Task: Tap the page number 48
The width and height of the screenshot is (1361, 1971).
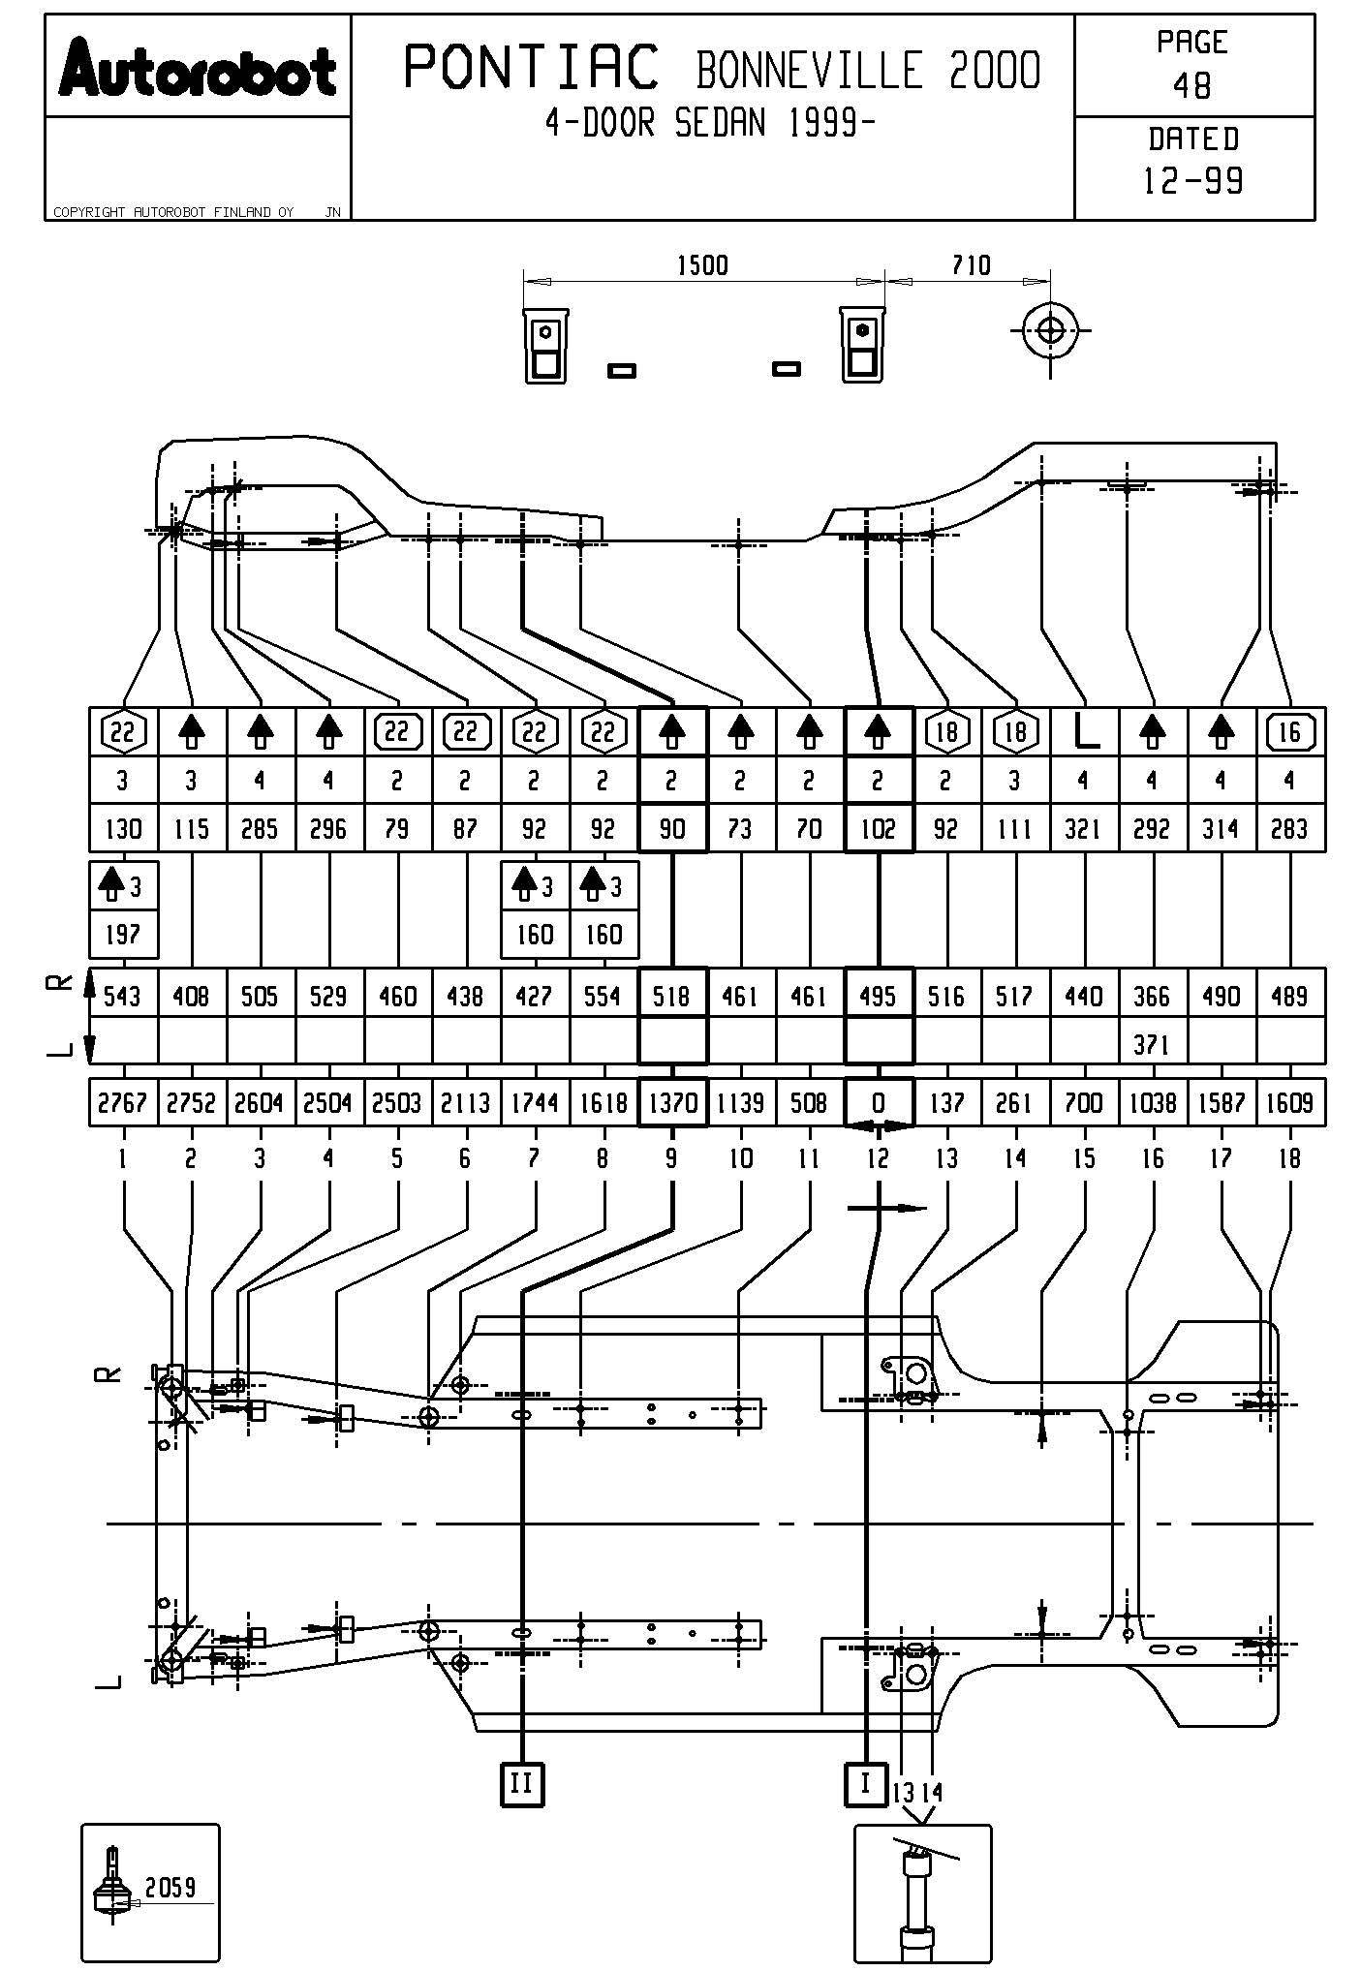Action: (x=1192, y=86)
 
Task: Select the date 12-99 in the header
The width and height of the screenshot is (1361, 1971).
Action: (x=1193, y=181)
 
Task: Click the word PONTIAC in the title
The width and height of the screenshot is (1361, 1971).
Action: (x=530, y=68)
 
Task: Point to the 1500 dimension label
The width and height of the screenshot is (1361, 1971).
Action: (x=702, y=265)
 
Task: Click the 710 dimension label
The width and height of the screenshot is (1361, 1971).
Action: (x=971, y=265)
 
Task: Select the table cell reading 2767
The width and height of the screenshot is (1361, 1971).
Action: (x=123, y=1103)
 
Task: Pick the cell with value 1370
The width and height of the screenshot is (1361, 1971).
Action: (x=672, y=1103)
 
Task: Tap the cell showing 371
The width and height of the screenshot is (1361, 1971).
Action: (x=1152, y=1044)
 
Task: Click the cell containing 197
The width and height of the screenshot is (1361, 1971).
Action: (x=123, y=935)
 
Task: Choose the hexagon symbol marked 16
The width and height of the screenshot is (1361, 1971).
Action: (x=1289, y=732)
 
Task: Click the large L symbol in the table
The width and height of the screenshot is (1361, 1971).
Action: (x=1084, y=732)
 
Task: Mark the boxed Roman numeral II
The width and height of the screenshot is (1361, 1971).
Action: (x=521, y=1783)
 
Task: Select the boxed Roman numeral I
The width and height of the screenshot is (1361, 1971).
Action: (x=865, y=1783)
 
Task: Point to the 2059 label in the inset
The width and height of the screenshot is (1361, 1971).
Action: (x=170, y=1886)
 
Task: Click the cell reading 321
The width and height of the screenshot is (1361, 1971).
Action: (x=1084, y=829)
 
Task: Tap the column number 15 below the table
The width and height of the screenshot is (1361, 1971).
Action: (x=1084, y=1158)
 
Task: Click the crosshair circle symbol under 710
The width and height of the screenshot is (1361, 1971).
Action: (x=1050, y=331)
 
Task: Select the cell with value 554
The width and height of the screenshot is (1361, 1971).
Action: (x=603, y=996)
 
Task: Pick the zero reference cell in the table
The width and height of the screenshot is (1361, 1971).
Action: (x=879, y=1103)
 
